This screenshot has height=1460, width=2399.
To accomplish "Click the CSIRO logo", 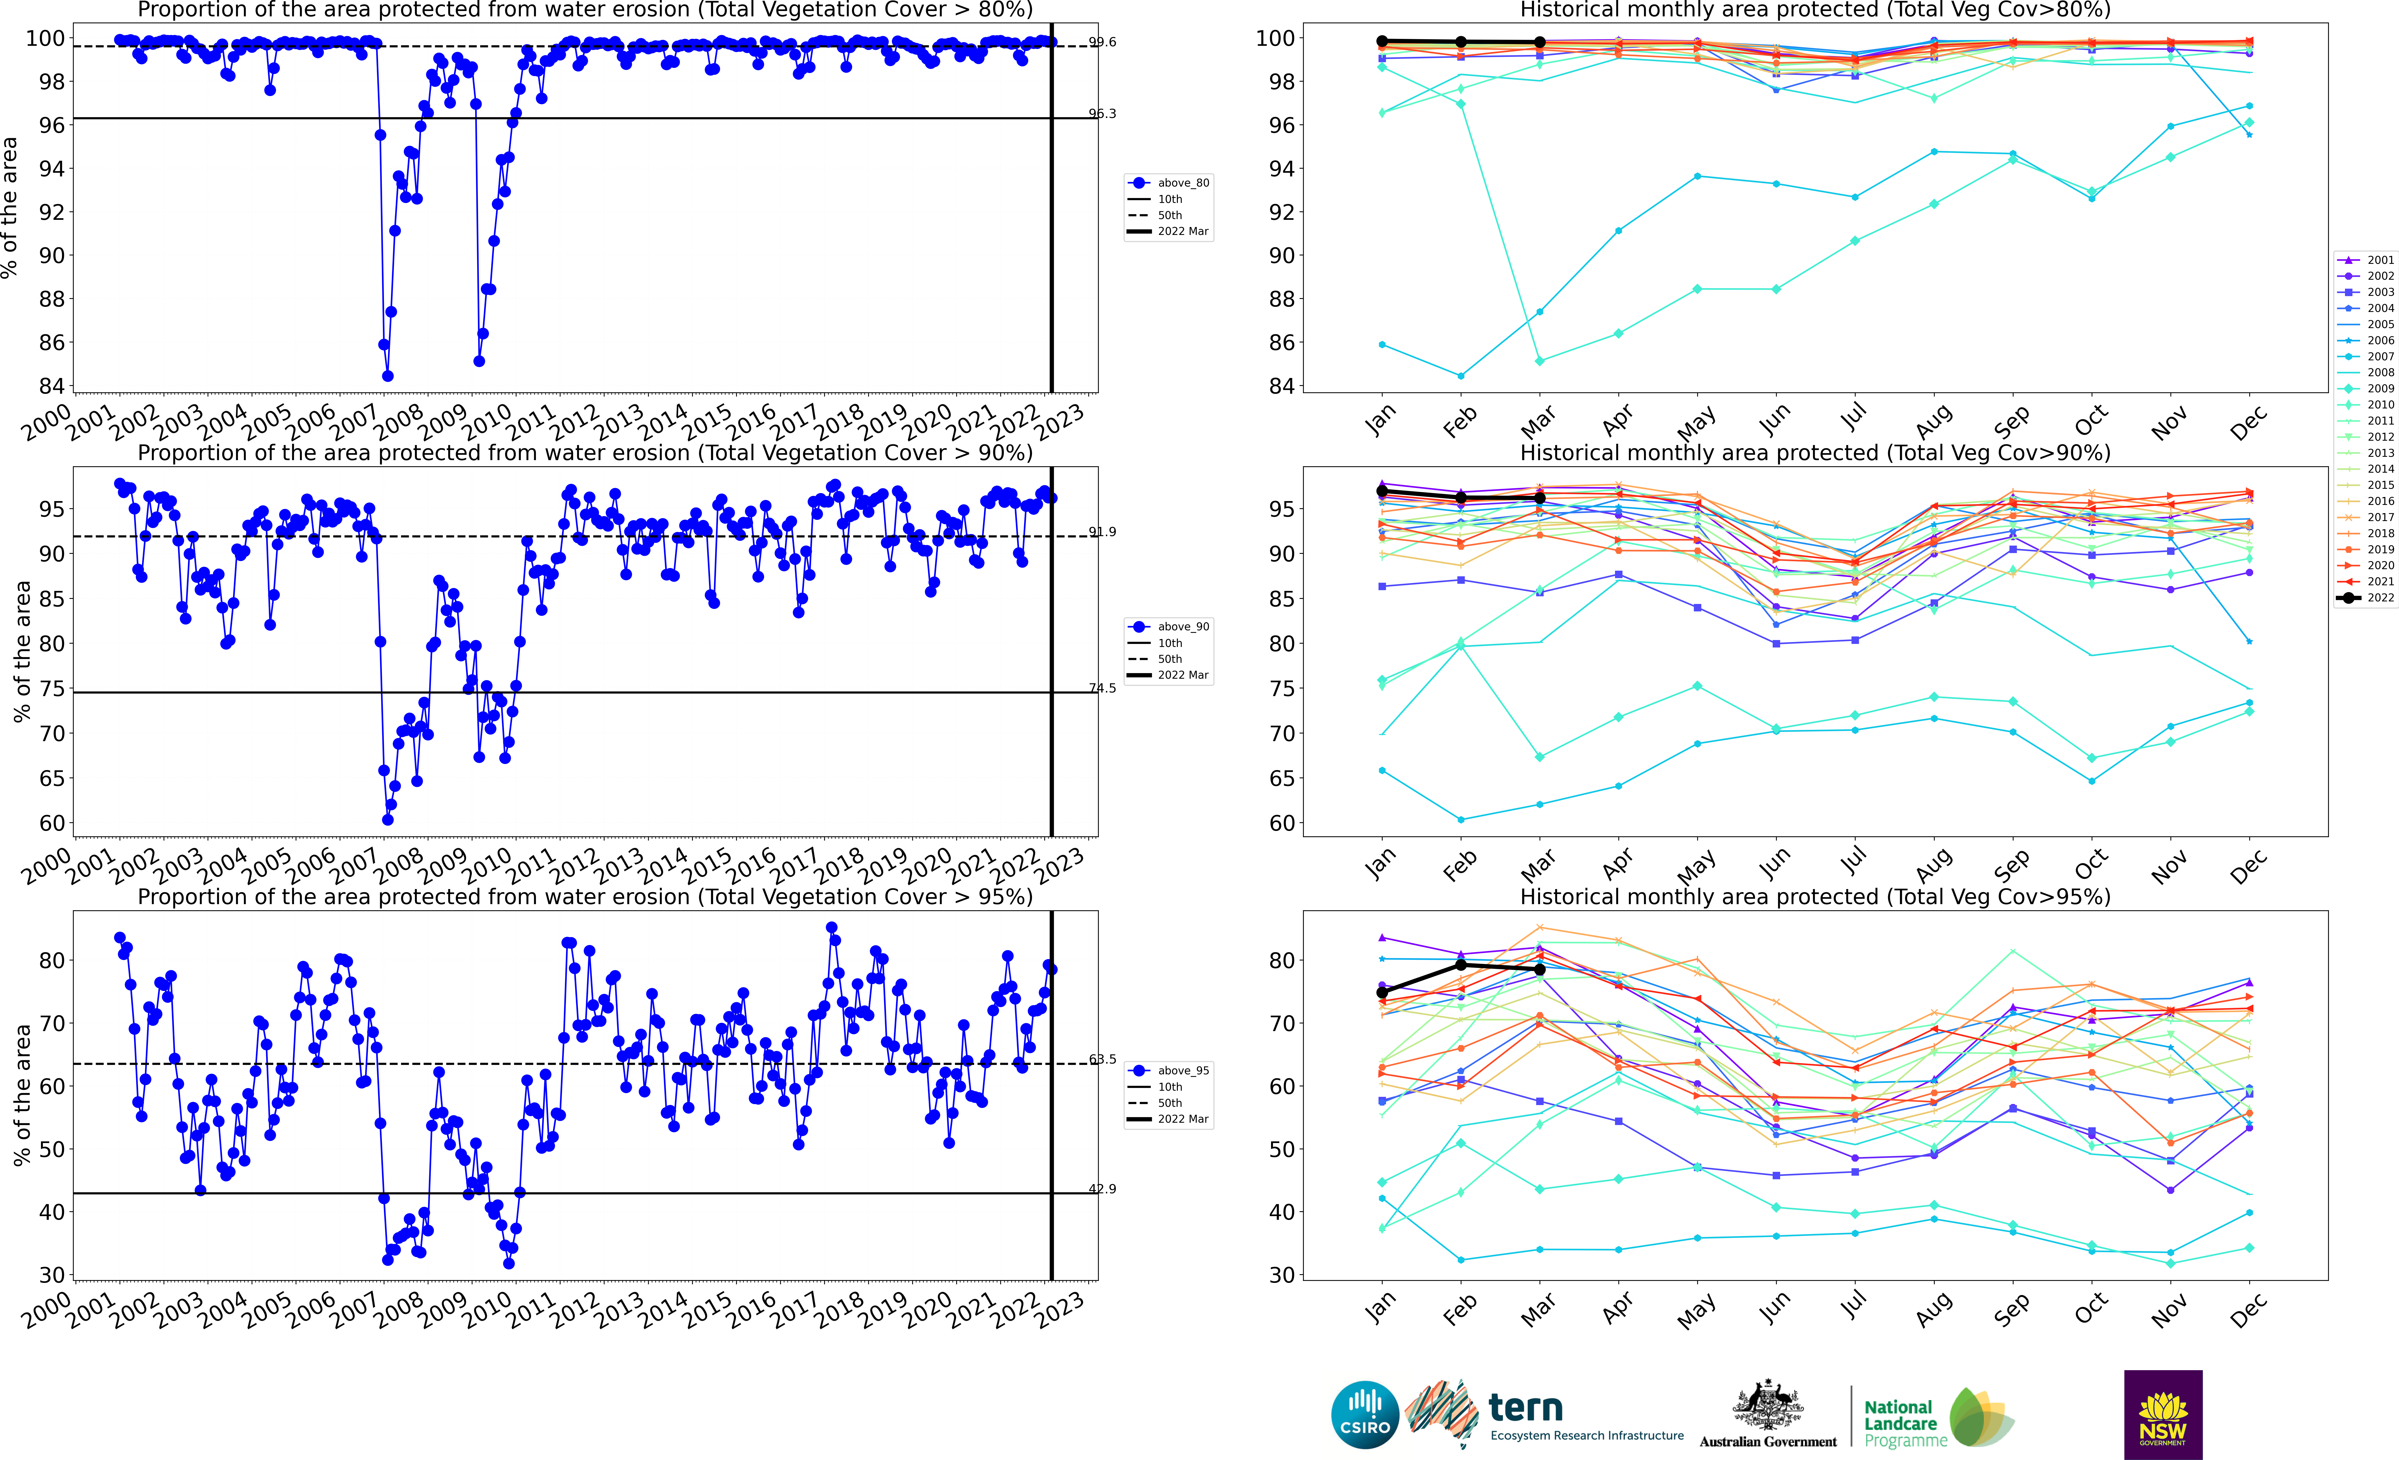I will point(1365,1414).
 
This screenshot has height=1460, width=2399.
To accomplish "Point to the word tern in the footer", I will point(1526,1408).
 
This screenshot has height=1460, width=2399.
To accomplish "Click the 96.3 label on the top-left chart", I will point(1102,114).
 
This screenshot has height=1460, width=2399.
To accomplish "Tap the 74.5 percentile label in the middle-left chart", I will point(1102,688).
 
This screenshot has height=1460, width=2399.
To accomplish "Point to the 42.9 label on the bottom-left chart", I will point(1102,1188).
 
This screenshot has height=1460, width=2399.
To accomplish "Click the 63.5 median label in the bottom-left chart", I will point(1102,1059).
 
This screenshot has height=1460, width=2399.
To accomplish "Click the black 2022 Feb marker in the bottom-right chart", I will point(1460,965).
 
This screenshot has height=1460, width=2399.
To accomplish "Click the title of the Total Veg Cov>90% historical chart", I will point(1815,453).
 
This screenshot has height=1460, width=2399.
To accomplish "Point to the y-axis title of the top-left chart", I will point(10,207).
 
